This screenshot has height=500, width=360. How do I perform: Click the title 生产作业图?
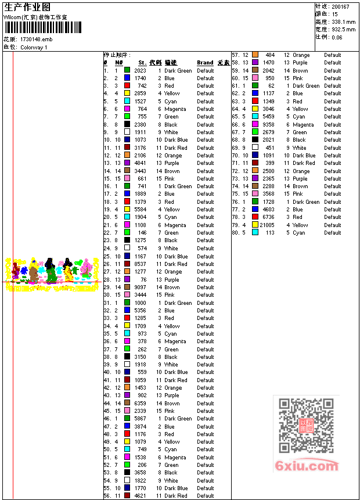point(27,7)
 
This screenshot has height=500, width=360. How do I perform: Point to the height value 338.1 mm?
point(343,21)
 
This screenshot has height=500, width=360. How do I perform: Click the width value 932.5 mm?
point(343,29)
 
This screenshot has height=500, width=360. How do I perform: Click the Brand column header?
point(205,63)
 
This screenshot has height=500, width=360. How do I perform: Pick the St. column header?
point(142,63)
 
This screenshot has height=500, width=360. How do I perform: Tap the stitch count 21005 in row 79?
point(267,225)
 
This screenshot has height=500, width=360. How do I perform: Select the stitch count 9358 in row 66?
point(268,125)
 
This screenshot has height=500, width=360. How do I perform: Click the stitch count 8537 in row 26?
point(140,264)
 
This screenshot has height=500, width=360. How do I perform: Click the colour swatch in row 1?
point(127,70)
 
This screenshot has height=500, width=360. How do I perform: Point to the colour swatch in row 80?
point(255,233)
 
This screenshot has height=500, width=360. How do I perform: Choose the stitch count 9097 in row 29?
point(140,287)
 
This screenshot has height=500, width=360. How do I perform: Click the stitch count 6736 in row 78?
point(268,217)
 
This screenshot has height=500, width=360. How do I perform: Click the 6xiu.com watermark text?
point(307,466)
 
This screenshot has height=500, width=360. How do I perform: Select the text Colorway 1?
point(34,47)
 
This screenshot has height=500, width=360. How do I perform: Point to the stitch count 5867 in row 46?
point(140,419)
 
